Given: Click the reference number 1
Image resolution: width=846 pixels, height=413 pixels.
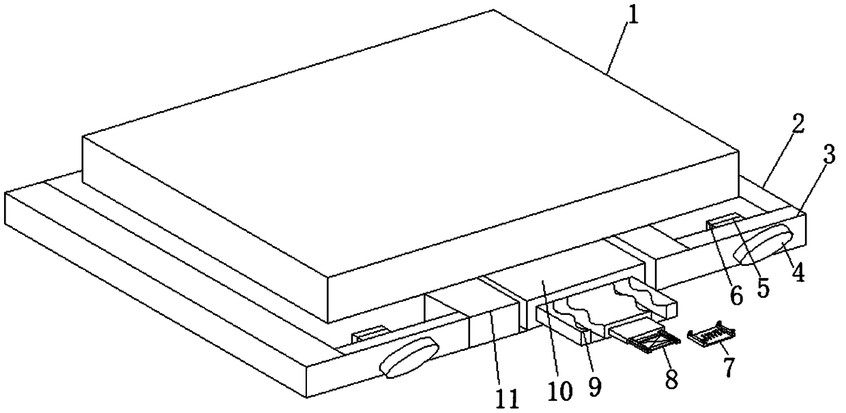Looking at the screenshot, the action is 633,15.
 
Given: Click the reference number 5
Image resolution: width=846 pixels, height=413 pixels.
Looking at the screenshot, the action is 763,287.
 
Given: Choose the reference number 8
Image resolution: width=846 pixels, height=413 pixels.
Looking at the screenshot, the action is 671,379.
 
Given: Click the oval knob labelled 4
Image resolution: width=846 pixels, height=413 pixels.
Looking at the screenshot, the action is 764,245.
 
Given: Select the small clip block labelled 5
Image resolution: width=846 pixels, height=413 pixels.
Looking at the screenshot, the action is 724,219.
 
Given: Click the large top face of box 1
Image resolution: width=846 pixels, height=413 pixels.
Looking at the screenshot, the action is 409,157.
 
